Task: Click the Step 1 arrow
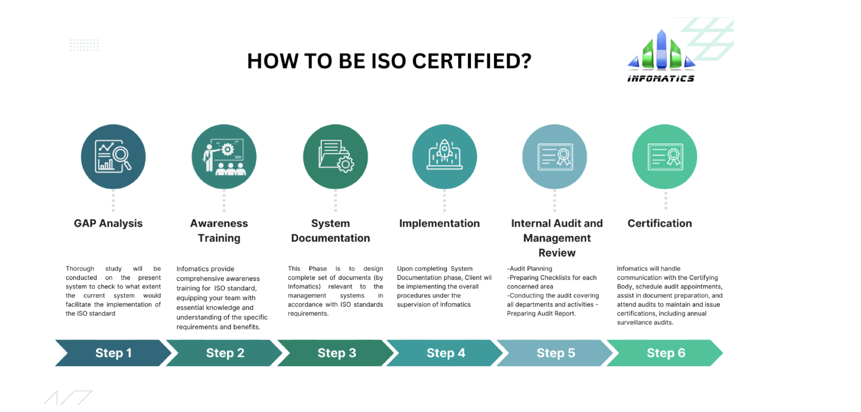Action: coord(113,353)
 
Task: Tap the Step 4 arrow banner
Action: coord(445,353)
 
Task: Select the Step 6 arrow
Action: coord(666,353)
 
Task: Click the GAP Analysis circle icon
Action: coord(113,157)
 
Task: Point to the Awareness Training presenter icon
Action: coord(224,157)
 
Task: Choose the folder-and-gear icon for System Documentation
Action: coord(335,157)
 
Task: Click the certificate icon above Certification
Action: coord(665,157)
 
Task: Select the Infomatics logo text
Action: coord(661,79)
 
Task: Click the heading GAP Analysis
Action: coord(108,224)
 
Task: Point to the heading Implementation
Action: coord(439,224)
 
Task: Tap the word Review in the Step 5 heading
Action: coord(557,253)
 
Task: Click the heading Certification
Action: coord(660,224)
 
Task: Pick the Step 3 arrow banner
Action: coord(337,353)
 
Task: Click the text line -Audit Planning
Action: coord(530,269)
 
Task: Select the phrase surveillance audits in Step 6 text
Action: coord(645,323)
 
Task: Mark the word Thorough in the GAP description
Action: coord(80,269)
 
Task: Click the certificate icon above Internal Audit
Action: coord(555,157)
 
